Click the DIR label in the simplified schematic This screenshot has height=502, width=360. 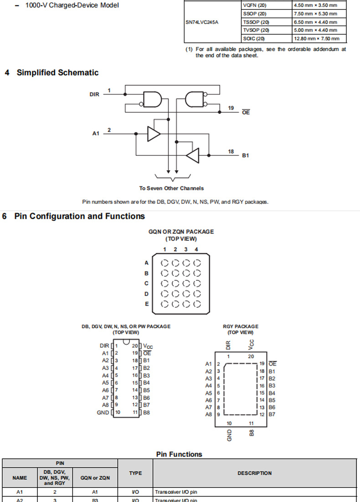coord(94,94)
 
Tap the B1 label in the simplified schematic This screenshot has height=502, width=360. coord(246,155)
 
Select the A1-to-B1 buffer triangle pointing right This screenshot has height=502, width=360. coord(154,134)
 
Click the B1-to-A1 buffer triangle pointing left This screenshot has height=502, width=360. coord(193,155)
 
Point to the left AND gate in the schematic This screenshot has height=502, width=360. coord(152,98)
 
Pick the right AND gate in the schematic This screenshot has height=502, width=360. coord(195,98)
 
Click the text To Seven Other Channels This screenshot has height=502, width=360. coord(172,188)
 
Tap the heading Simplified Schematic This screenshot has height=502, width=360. coord(57,72)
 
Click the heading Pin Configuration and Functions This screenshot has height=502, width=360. coord(79,216)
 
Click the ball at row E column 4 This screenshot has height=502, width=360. coord(197,304)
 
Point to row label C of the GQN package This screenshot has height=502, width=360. coord(146,284)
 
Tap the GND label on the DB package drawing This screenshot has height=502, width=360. coord(103,413)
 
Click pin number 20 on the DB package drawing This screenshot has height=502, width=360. coord(135,346)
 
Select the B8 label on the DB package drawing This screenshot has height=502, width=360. coord(146,413)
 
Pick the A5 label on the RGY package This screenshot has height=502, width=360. coord(208,393)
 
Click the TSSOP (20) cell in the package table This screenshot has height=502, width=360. coord(256,22)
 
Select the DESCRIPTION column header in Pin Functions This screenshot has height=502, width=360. coord(254,473)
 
